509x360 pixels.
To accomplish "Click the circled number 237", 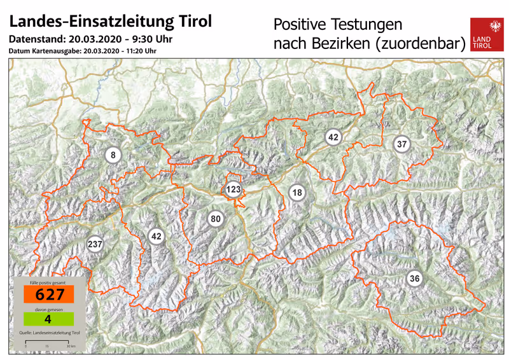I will click(x=95, y=244).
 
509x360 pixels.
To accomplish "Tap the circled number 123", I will click(x=234, y=190).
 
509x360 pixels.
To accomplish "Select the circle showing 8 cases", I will click(x=113, y=155).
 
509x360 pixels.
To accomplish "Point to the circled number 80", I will click(x=216, y=219).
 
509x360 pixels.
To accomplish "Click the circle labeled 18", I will click(x=296, y=193).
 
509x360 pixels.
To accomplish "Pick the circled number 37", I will click(x=401, y=144).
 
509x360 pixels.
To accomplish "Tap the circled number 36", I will click(x=414, y=278).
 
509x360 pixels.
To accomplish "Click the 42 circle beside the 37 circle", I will click(x=333, y=137).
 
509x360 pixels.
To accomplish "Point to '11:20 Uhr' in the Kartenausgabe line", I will click(x=142, y=51).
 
